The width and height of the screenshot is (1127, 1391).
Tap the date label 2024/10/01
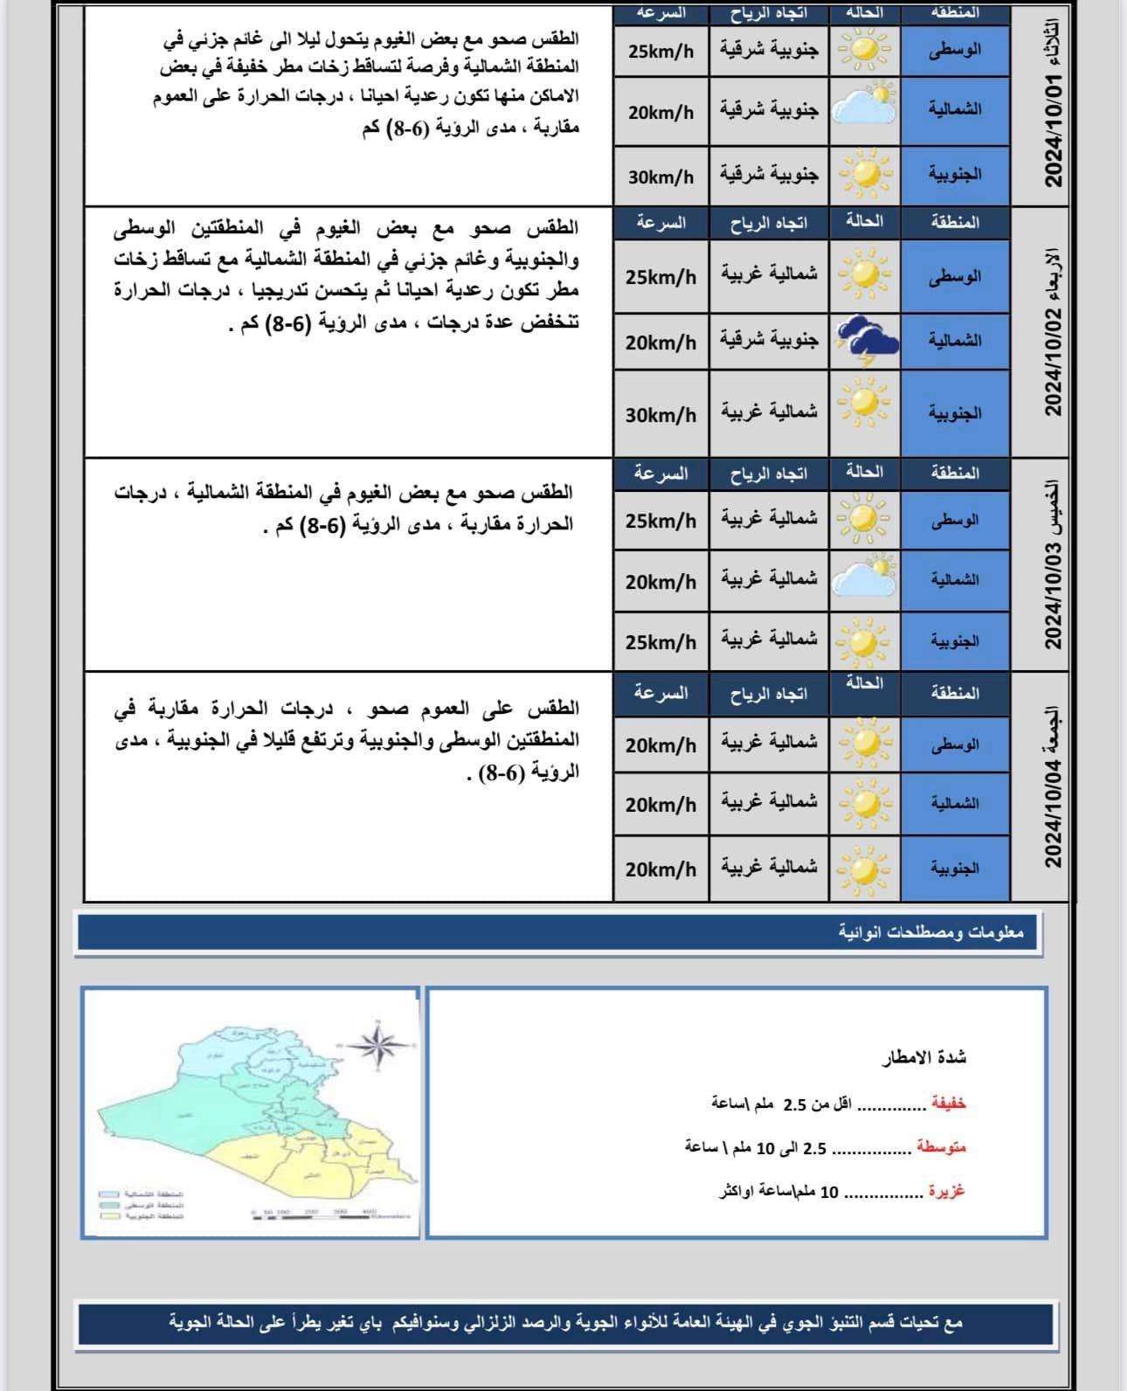click(1054, 129)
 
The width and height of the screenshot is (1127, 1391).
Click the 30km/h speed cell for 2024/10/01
click(660, 176)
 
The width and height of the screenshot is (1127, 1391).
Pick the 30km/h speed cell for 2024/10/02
click(660, 414)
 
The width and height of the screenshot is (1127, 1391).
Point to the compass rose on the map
click(376, 1043)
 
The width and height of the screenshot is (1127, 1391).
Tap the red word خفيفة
click(948, 1103)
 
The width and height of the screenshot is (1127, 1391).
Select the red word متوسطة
click(941, 1147)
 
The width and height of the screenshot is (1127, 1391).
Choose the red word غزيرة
click(946, 1191)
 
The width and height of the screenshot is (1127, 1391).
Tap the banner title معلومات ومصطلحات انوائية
click(930, 932)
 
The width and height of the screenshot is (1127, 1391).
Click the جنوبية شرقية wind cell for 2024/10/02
click(769, 339)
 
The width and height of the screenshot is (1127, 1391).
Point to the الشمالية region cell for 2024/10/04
click(954, 803)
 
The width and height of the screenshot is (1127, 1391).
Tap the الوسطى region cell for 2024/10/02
click(954, 276)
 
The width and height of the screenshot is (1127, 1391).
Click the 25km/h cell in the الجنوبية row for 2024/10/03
click(660, 642)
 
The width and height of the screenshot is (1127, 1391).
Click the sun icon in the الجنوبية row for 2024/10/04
click(864, 869)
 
